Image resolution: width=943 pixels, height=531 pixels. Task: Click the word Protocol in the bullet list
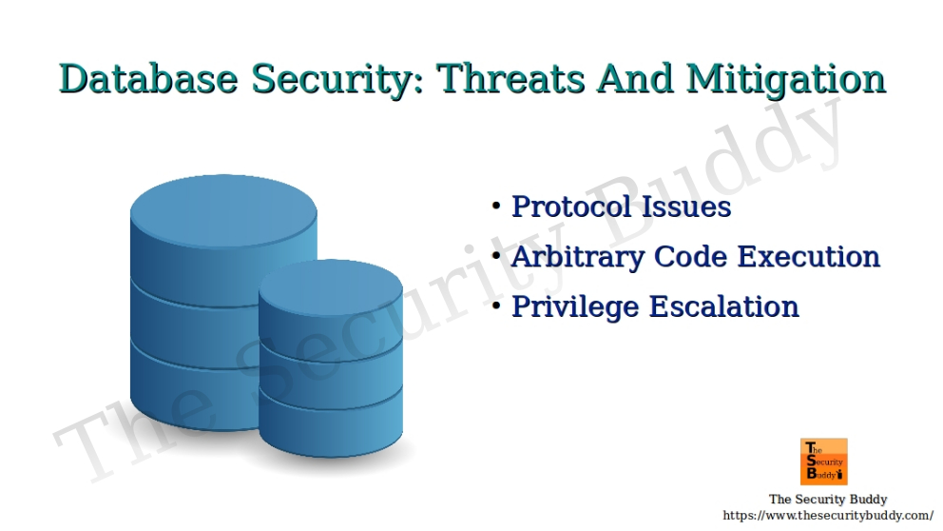tap(568, 206)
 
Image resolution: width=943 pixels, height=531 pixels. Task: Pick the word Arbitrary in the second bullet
tap(574, 257)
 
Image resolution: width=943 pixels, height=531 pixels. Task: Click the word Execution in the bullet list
tap(809, 257)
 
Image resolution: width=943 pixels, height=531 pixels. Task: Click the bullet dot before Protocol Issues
tap(496, 206)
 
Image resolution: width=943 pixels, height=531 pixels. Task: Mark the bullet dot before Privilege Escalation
tap(496, 307)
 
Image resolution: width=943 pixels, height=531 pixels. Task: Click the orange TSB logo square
tap(823, 462)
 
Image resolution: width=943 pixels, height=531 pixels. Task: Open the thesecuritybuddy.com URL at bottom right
tap(828, 515)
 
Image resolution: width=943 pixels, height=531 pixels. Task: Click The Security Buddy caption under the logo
tap(828, 499)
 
